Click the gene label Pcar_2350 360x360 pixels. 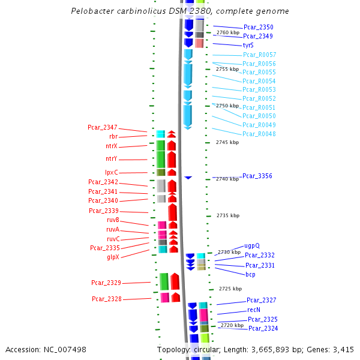point(258,28)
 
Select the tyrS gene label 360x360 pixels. point(248,46)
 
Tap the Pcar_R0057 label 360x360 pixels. point(259,55)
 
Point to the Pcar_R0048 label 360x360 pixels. point(259,134)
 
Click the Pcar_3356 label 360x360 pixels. point(257,176)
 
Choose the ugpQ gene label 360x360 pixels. point(252,245)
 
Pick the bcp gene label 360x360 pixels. point(250,274)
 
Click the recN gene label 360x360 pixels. point(254,310)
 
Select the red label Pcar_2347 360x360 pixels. point(103,127)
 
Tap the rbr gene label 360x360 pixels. point(113,136)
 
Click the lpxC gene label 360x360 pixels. point(112,173)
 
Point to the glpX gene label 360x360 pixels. point(113,257)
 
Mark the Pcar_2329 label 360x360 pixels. point(106,283)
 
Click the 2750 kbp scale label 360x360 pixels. point(227,106)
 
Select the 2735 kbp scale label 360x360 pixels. point(228,215)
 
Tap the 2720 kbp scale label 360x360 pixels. point(232,325)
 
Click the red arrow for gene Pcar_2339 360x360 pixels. point(173,212)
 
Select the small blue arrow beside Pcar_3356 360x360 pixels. point(188,178)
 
